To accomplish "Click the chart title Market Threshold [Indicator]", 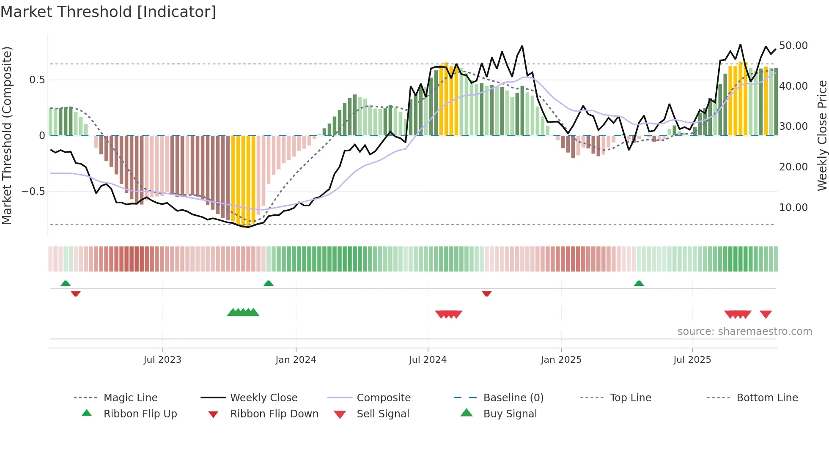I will tap(108, 12).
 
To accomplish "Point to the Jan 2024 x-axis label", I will tap(296, 359).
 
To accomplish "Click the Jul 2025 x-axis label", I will tap(692, 359).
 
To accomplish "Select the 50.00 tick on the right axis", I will tap(793, 45).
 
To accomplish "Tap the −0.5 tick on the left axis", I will tap(33, 192).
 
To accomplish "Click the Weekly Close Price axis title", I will tap(822, 135).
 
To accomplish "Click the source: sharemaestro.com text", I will tap(744, 331).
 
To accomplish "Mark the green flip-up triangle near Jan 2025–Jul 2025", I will tap(639, 283).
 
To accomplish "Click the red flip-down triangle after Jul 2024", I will tap(486, 293).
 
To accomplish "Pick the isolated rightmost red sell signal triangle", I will tap(766, 314).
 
